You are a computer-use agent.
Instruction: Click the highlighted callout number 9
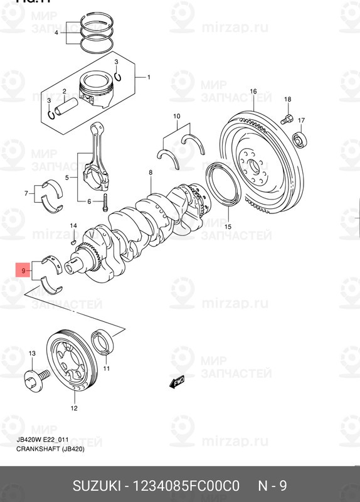click(x=23, y=272)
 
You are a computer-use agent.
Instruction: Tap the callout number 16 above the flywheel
click(x=253, y=92)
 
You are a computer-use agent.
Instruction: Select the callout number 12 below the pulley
click(x=73, y=408)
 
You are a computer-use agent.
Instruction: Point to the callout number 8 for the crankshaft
click(x=151, y=172)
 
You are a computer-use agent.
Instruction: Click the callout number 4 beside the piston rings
click(x=56, y=33)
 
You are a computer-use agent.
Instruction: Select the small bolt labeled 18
click(x=286, y=116)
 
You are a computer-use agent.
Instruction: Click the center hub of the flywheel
click(x=254, y=166)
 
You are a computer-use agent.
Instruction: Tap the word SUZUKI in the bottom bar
click(x=97, y=486)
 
